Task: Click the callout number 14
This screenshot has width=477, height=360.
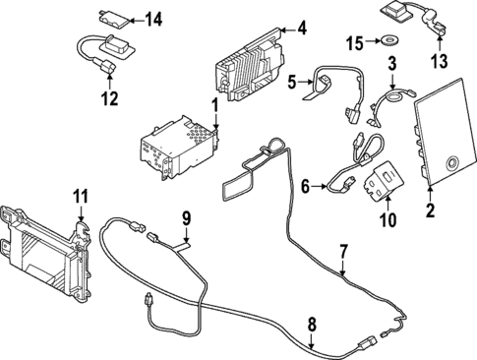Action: pyautogui.click(x=152, y=19)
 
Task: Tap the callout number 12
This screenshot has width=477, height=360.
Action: pyautogui.click(x=108, y=98)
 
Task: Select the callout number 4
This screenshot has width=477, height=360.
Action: pyautogui.click(x=302, y=29)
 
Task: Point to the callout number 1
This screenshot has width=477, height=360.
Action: pyautogui.click(x=215, y=104)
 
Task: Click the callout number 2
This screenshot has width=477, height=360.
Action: pyautogui.click(x=429, y=210)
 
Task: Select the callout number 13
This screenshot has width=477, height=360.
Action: pyautogui.click(x=440, y=65)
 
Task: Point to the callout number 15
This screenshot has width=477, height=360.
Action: pyautogui.click(x=355, y=41)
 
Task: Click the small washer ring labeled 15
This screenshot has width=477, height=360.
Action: pyautogui.click(x=389, y=41)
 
